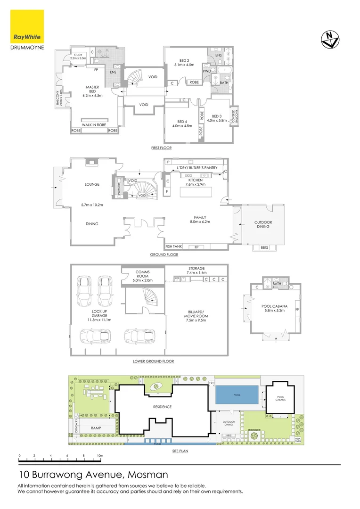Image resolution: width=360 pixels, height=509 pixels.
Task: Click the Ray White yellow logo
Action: [27, 27]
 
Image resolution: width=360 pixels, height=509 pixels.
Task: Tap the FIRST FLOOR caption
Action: [161, 148]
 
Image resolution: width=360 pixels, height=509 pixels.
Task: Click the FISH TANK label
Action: [173, 246]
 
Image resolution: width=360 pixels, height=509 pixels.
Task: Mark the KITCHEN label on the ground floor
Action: [195, 180]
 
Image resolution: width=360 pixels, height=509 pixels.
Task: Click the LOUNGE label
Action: [92, 184]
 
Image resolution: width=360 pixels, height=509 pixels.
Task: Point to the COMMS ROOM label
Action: [142, 274]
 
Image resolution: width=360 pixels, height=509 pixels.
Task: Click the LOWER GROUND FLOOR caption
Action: [154, 361]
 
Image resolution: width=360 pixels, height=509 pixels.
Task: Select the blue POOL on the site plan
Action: [237, 394]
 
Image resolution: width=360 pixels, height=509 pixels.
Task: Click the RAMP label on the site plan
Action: [96, 428]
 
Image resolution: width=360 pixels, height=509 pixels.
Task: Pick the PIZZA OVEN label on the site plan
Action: [297, 440]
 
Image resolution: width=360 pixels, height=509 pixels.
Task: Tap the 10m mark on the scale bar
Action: [99, 456]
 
